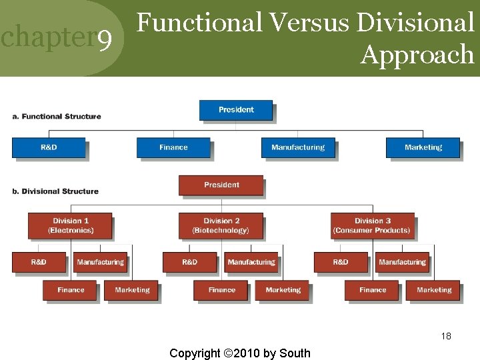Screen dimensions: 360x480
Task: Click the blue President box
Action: [x=236, y=110]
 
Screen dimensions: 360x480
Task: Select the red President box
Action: [x=221, y=185]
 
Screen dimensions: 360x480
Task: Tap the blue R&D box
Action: [x=49, y=147]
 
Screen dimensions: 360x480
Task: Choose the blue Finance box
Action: [x=173, y=147]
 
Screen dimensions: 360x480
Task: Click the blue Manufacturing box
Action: [x=298, y=147]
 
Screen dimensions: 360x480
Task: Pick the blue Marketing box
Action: [x=423, y=147]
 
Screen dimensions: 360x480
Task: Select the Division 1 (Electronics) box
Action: [x=70, y=225]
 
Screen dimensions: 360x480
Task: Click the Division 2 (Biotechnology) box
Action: [x=221, y=225]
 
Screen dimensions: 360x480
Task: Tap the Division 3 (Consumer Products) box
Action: [x=372, y=225]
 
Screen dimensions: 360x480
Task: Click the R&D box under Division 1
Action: [x=39, y=262]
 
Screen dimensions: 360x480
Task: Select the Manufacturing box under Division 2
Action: [x=251, y=262]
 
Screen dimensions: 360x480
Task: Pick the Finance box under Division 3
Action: [x=373, y=290]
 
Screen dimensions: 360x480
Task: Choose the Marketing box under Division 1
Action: [x=132, y=290]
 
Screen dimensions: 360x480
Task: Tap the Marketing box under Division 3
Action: [x=434, y=290]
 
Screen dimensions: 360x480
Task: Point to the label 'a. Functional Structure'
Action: [x=57, y=117]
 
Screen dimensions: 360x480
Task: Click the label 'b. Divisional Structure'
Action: [x=55, y=191]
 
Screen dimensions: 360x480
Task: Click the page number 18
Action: [x=446, y=336]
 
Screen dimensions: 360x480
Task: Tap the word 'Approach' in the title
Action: [x=417, y=55]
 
